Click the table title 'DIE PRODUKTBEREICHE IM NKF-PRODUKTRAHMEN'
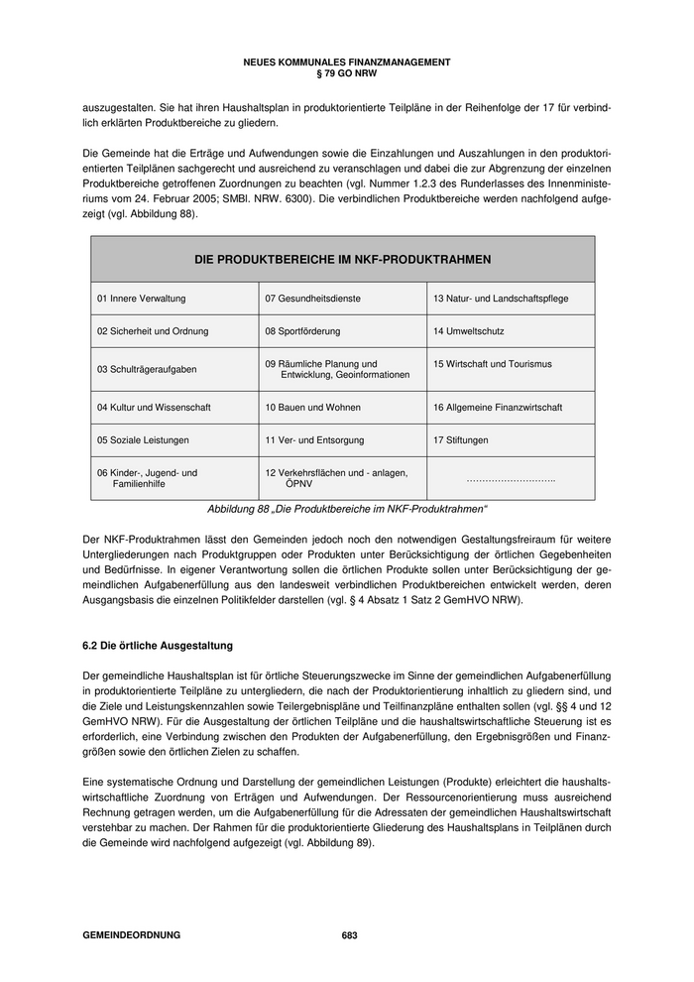tap(343, 259)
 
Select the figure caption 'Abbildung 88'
tap(347, 509)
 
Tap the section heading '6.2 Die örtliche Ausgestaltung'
tap(158, 646)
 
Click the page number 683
tap(349, 935)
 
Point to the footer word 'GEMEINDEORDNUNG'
tap(132, 935)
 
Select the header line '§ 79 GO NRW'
tap(347, 73)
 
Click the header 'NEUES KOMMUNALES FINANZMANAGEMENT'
tap(347, 62)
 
